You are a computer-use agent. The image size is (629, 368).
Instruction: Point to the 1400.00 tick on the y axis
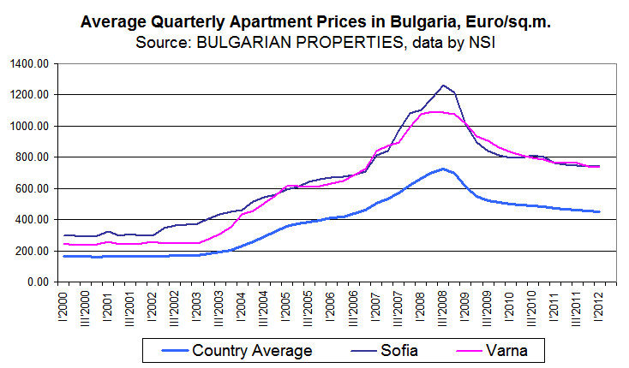(x=33, y=63)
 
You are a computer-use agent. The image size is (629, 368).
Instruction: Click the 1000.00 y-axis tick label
(x=33, y=126)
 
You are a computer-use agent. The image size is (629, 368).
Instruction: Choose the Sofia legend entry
(x=397, y=350)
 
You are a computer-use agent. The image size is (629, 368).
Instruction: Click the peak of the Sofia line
(x=443, y=86)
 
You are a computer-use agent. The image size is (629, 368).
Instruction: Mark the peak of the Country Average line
(x=443, y=169)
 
